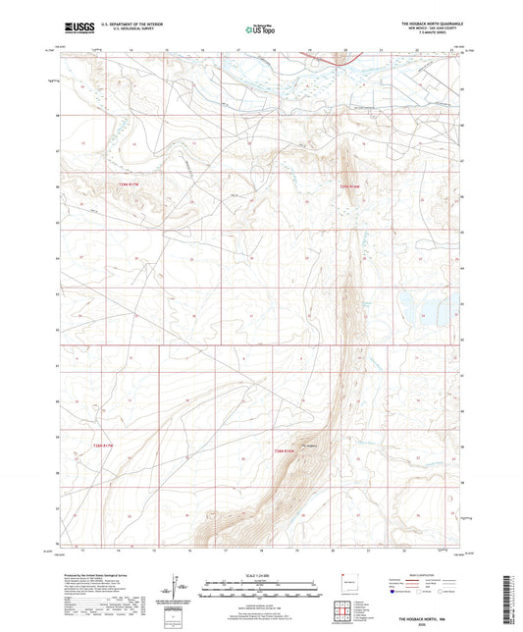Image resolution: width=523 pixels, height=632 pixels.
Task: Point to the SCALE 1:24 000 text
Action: pyautogui.click(x=261, y=574)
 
